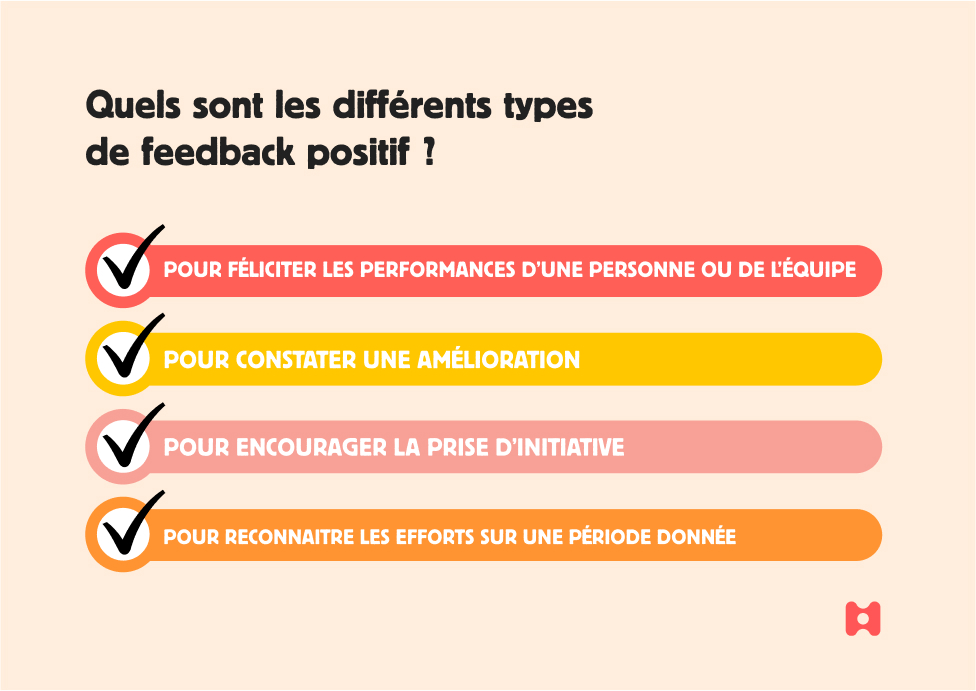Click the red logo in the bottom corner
pyautogui.click(x=863, y=619)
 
